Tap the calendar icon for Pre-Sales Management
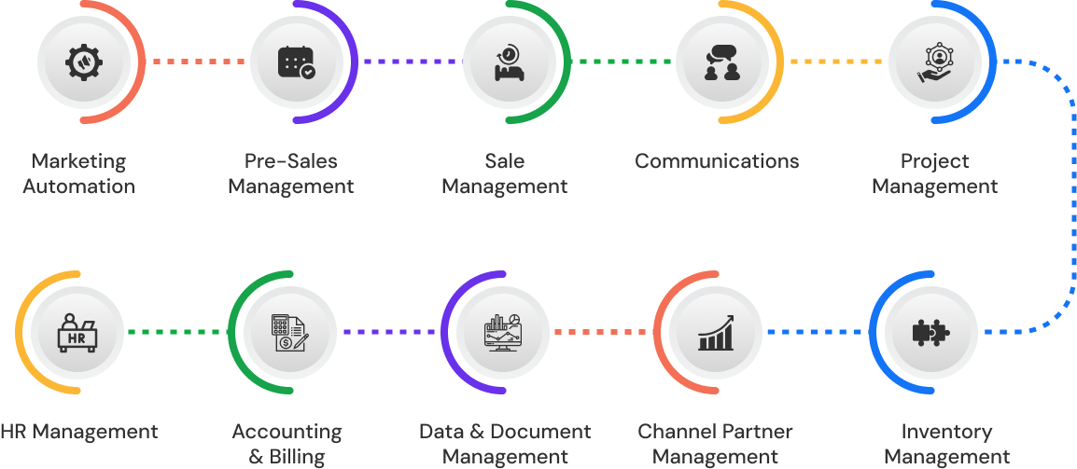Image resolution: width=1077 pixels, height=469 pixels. pyautogui.click(x=296, y=62)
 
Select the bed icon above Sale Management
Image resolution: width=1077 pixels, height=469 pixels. pyautogui.click(x=507, y=62)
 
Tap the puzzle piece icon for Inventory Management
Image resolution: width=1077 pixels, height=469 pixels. pyautogui.click(x=930, y=332)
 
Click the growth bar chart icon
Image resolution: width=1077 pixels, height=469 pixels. pyautogui.click(x=716, y=332)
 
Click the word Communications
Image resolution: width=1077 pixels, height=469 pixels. pyautogui.click(x=717, y=161)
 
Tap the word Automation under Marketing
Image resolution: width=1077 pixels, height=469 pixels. pyautogui.click(x=79, y=186)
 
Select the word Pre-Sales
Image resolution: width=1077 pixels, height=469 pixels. pyautogui.click(x=291, y=161)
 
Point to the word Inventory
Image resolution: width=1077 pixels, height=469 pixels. pyautogui.click(x=946, y=432)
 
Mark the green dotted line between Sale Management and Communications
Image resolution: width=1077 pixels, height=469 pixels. pyautogui.click(x=622, y=62)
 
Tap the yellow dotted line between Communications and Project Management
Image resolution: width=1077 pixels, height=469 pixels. pyautogui.click(x=835, y=62)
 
